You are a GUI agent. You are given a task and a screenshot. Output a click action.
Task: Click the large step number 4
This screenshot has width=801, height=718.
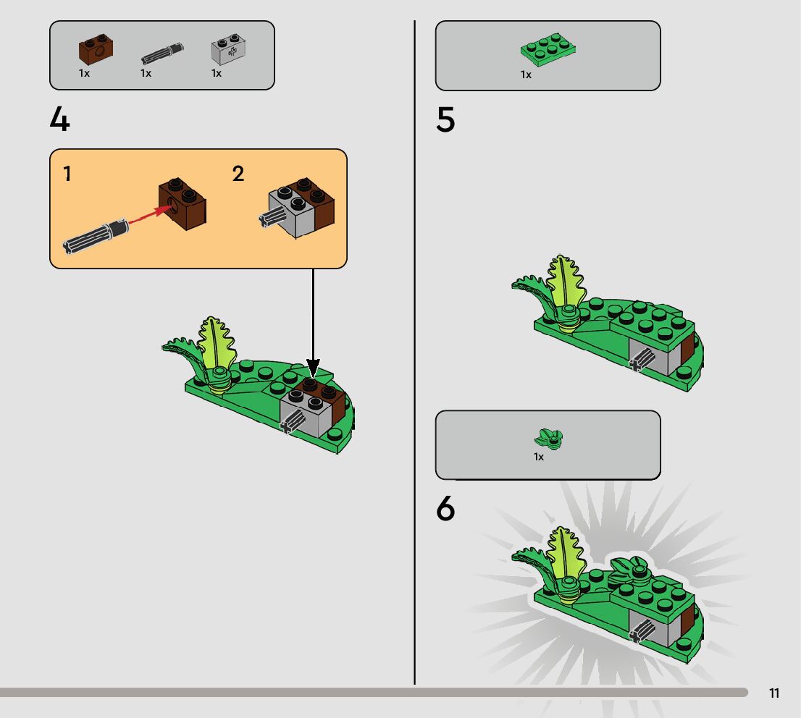click(x=59, y=119)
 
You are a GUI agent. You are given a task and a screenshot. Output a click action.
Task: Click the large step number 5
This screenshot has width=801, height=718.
click(x=445, y=119)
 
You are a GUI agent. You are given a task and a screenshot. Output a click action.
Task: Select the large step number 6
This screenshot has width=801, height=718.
click(x=445, y=508)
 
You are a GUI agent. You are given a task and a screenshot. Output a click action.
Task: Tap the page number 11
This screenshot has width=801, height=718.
click(x=774, y=693)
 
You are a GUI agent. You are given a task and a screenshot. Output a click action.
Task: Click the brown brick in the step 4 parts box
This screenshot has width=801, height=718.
click(x=96, y=49)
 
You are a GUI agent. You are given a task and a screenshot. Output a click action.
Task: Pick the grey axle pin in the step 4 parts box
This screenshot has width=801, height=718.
click(x=162, y=53)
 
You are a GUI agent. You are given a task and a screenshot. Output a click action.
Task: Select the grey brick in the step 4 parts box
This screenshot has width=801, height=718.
click(x=228, y=49)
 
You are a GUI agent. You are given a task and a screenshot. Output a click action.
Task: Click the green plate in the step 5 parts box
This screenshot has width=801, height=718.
click(x=548, y=50)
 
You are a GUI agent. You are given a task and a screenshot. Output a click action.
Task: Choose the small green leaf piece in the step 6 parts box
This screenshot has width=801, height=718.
click(x=548, y=439)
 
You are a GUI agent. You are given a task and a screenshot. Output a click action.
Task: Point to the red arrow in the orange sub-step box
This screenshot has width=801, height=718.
click(x=149, y=214)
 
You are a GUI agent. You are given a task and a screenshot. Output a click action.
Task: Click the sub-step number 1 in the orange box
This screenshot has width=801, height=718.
click(x=67, y=174)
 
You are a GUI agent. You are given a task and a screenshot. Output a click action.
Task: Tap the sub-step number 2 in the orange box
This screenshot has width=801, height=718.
click(x=238, y=174)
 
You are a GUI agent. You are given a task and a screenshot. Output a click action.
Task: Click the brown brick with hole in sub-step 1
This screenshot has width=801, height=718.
click(x=183, y=204)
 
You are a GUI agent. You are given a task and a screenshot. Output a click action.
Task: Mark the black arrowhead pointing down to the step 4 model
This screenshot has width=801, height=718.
click(x=313, y=368)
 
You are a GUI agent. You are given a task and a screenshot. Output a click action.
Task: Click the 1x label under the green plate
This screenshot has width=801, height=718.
click(x=527, y=75)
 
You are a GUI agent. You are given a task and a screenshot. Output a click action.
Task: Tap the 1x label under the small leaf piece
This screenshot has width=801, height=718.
click(x=539, y=457)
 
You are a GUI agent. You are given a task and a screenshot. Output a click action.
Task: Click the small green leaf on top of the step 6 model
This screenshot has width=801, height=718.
click(x=629, y=570)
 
